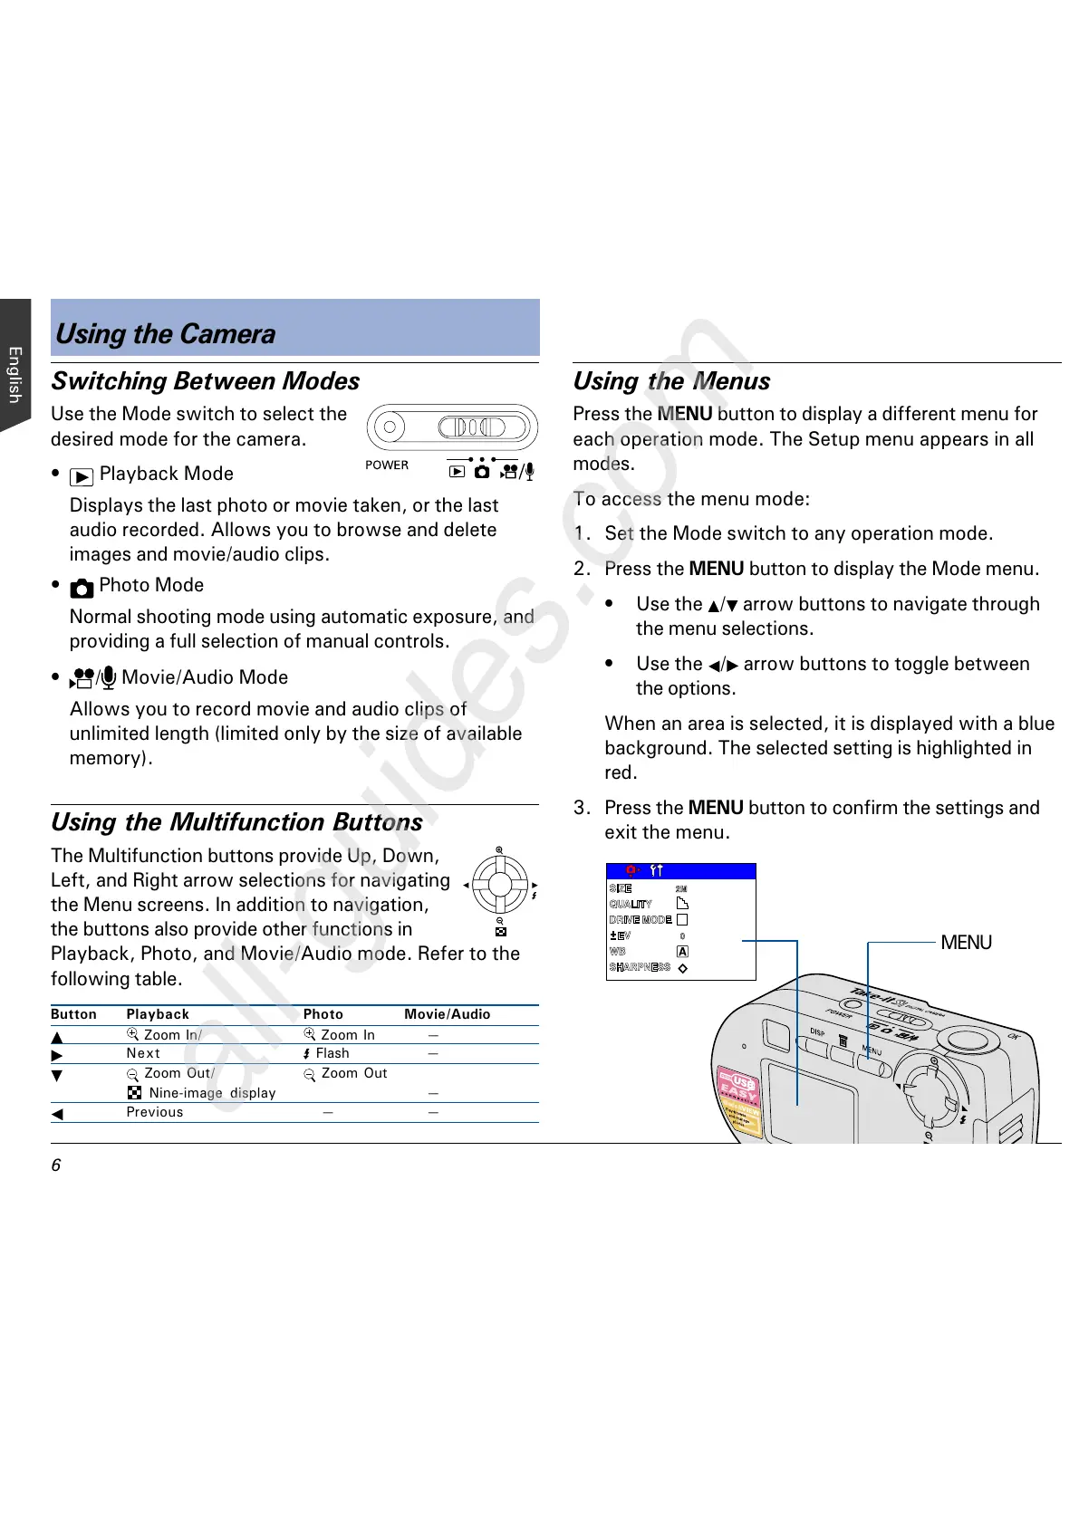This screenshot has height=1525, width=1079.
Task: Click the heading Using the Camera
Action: pyautogui.click(x=166, y=334)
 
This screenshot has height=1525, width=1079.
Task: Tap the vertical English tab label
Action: pyautogui.click(x=14, y=374)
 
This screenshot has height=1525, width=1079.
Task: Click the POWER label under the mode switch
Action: pyautogui.click(x=387, y=465)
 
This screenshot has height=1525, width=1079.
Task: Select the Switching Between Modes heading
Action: pyautogui.click(x=206, y=381)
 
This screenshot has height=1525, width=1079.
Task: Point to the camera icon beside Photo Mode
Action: pyautogui.click(x=82, y=588)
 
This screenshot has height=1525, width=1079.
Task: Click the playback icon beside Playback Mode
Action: pyautogui.click(x=82, y=476)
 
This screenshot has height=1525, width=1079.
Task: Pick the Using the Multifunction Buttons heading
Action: pyautogui.click(x=236, y=822)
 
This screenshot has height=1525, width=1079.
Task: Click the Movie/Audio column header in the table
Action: pyautogui.click(x=447, y=1014)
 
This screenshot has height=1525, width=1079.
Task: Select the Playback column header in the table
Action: pyautogui.click(x=158, y=1014)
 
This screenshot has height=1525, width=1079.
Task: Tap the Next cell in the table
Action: pyautogui.click(x=143, y=1053)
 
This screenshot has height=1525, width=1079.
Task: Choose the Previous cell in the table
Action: pyautogui.click(x=154, y=1112)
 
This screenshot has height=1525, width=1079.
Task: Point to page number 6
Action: pyautogui.click(x=56, y=1165)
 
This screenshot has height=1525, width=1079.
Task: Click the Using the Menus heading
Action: pyautogui.click(x=671, y=381)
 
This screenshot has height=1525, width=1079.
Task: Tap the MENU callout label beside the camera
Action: pyautogui.click(x=966, y=943)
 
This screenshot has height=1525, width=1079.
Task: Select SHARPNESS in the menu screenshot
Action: pyautogui.click(x=640, y=967)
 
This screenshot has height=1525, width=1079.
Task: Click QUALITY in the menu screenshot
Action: pyautogui.click(x=631, y=904)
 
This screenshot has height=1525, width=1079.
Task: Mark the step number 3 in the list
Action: pyautogui.click(x=581, y=808)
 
